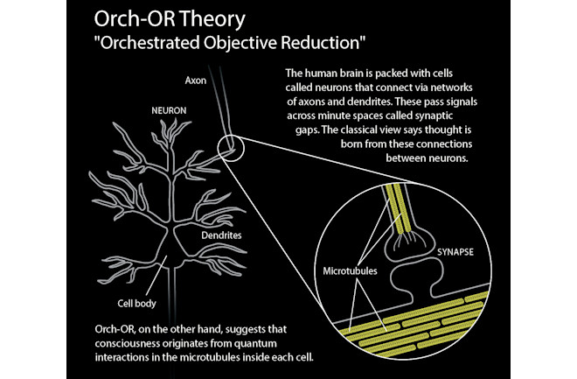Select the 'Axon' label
(x=196, y=81)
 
